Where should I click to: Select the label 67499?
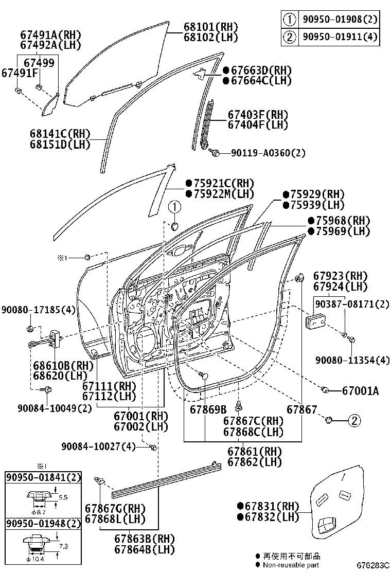point(40,63)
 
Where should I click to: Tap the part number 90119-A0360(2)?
point(268,153)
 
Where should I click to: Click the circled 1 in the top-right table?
point(290,20)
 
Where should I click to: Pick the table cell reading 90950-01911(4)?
point(340,37)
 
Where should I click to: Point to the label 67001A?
point(360,391)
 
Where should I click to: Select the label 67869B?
point(208,409)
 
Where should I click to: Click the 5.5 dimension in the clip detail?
point(63,498)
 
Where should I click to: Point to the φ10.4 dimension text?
point(38,559)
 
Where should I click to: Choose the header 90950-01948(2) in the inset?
point(43,524)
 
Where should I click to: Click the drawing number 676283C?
point(374,565)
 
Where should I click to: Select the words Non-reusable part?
point(291,565)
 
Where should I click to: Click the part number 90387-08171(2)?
point(352,304)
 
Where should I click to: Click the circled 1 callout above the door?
point(174,207)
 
